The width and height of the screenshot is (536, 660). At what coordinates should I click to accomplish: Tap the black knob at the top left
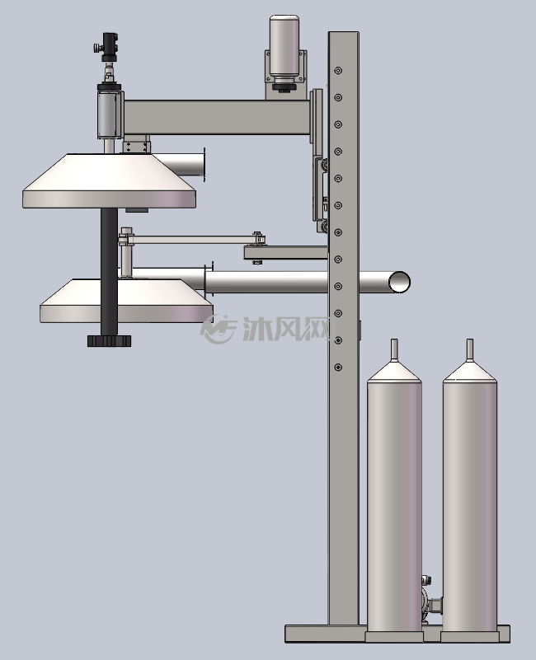[110, 46]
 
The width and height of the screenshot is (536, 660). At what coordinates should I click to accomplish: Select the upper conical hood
[109, 180]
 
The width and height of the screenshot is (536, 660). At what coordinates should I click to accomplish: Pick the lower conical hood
[126, 301]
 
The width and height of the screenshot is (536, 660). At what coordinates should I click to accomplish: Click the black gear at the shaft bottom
[109, 340]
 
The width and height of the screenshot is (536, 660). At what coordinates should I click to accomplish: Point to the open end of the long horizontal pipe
[398, 282]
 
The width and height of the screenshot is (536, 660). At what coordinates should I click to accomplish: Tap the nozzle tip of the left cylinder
[394, 340]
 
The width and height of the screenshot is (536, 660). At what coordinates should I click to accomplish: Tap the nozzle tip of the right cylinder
[469, 340]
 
